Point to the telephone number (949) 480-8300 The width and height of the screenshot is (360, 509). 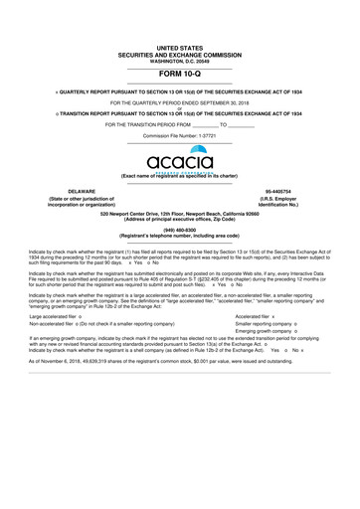pos(179,231)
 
